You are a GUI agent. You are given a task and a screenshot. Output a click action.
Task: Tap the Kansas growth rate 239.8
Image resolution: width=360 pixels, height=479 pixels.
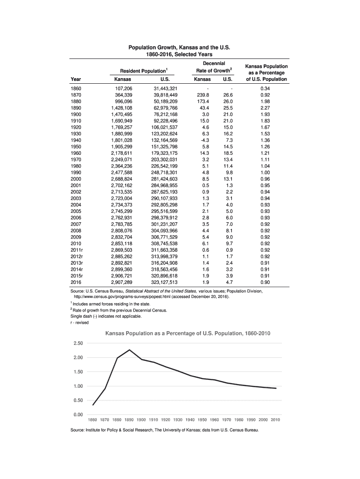(x=202, y=94)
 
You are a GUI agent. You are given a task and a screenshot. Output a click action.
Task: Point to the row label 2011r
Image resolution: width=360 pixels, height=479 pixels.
(x=76, y=250)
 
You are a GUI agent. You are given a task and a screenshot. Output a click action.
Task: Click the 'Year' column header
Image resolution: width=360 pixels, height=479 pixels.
(x=75, y=79)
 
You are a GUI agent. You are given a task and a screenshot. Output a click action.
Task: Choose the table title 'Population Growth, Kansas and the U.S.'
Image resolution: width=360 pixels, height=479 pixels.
(x=180, y=48)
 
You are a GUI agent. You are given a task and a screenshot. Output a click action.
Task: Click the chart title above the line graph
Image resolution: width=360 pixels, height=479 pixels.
(x=180, y=334)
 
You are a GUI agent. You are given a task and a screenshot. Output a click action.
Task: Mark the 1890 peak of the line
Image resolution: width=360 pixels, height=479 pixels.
(x=129, y=350)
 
